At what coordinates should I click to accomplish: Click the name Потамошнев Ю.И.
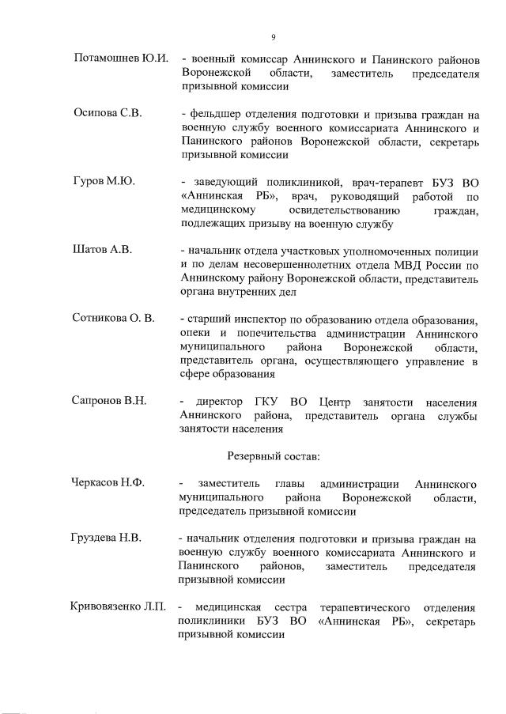[120, 59]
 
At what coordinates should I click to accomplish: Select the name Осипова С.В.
[108, 113]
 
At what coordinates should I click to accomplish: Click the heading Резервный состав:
[273, 455]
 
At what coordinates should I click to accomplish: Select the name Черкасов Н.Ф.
[109, 483]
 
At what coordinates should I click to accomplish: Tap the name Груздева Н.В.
[108, 538]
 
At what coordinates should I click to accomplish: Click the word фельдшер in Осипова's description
[213, 113]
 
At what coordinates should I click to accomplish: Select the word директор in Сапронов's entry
[229, 401]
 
